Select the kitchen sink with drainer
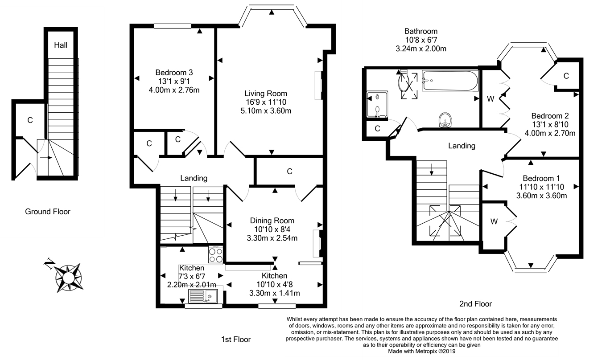[203, 296]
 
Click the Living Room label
[265, 94]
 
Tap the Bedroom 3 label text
[174, 73]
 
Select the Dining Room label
[272, 221]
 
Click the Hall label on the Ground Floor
[61, 45]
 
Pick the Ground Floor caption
[47, 212]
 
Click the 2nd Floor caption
[475, 304]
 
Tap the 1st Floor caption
[236, 340]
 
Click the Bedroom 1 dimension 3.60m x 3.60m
[541, 196]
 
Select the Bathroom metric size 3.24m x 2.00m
[420, 49]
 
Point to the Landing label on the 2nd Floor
[461, 146]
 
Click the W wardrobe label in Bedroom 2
[490, 99]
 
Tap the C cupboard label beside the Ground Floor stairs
[30, 120]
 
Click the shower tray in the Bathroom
[377, 105]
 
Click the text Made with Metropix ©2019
[421, 351]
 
